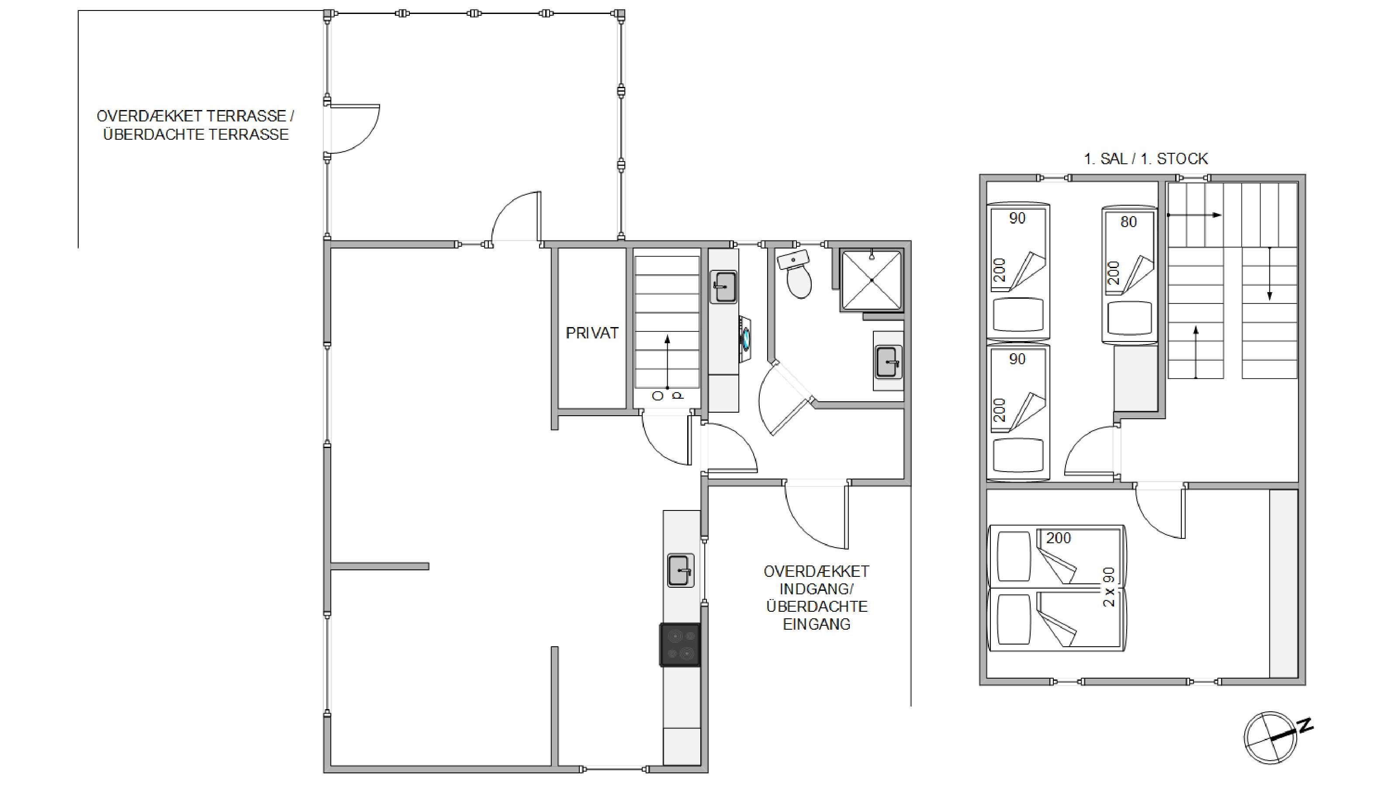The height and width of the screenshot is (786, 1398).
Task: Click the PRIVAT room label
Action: click(x=592, y=333)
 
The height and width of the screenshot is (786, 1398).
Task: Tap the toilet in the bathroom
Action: click(x=796, y=275)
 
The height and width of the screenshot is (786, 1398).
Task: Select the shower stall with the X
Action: click(x=872, y=280)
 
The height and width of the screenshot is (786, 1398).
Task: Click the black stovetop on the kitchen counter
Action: click(x=680, y=645)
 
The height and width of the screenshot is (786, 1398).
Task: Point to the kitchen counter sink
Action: click(x=681, y=571)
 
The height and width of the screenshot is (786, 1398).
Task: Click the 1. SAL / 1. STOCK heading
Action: click(x=1145, y=159)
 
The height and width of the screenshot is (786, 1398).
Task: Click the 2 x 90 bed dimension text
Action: click(x=1109, y=586)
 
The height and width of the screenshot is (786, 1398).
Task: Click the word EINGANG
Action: click(x=817, y=624)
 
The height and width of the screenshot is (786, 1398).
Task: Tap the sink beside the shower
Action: click(x=889, y=361)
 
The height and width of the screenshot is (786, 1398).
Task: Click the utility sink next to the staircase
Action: click(x=724, y=287)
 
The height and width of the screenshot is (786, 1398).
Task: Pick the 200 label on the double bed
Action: click(x=1058, y=538)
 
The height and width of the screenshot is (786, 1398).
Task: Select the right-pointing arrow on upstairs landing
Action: click(x=1194, y=215)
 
